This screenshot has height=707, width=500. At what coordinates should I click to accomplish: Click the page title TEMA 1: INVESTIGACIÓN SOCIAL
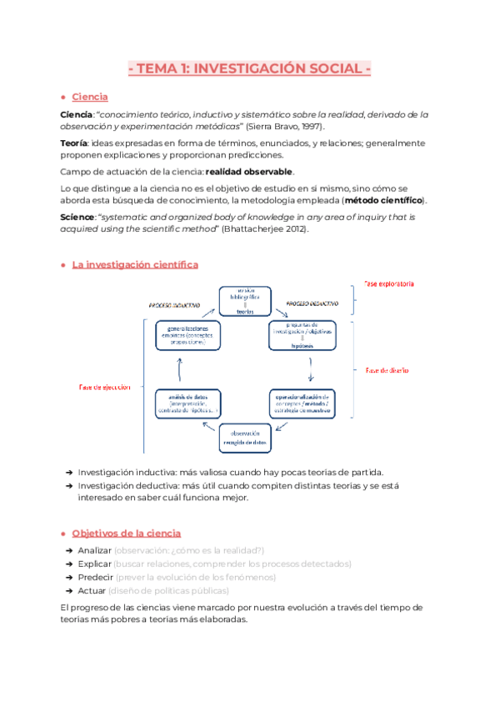[250, 69]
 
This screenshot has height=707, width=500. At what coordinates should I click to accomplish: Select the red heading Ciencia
[89, 98]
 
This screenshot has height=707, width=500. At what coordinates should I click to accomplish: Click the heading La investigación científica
[135, 264]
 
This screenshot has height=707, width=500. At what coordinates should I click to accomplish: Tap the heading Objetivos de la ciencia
[126, 533]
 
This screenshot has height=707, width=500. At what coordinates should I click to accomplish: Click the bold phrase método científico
[383, 201]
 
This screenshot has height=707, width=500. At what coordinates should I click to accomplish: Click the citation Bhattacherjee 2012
[261, 230]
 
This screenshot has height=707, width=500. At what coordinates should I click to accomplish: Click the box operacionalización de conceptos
[303, 403]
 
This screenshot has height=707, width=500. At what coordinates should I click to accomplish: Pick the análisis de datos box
[187, 403]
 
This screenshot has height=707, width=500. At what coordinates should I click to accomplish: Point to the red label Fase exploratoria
[388, 284]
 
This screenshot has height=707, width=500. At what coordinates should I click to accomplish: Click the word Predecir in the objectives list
[95, 578]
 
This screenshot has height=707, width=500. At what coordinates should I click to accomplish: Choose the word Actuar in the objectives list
[93, 592]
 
